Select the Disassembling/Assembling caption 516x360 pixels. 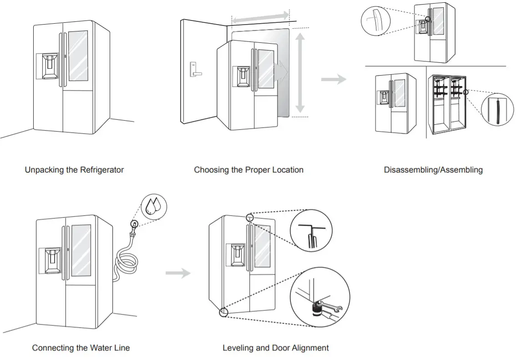(433, 170)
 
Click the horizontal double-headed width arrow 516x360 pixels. (260, 17)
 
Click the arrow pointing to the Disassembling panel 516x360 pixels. (334, 79)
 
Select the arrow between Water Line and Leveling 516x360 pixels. (178, 273)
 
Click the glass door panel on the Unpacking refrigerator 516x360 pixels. (78, 56)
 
